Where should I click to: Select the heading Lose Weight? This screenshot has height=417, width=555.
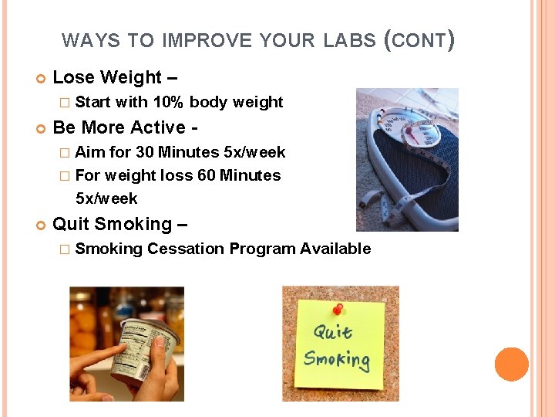coord(107,77)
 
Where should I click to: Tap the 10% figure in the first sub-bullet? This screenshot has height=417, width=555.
coord(168,102)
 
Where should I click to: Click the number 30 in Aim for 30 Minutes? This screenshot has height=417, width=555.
coord(144,152)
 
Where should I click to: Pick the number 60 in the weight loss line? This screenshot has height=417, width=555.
coord(207,175)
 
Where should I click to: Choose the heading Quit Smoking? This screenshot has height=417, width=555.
coord(119,224)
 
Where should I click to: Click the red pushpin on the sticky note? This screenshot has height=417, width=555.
coord(338,310)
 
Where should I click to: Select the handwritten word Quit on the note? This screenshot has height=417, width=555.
coord(333,333)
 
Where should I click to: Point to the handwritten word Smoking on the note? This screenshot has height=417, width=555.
coord(337,359)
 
